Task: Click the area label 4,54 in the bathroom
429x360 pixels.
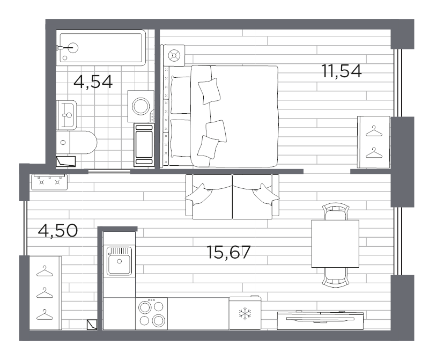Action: [93, 82]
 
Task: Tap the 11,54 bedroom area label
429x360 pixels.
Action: [342, 71]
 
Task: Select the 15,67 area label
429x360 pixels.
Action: [228, 252]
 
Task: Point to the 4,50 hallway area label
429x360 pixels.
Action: [58, 230]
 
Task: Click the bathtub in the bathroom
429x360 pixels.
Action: [101, 48]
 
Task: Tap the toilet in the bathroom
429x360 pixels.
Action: [77, 142]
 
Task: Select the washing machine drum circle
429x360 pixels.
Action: [141, 106]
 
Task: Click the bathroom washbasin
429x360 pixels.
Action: [66, 115]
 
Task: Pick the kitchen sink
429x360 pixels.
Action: [119, 261]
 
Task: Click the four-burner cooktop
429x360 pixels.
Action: [152, 313]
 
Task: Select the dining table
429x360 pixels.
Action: [335, 244]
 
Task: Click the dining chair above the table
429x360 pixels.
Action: [336, 211]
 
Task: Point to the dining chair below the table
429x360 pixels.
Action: [336, 277]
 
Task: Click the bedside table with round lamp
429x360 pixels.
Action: [174, 55]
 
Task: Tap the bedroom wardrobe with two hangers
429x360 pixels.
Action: [373, 142]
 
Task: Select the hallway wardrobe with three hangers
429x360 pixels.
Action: [45, 293]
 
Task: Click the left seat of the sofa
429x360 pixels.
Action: [209, 196]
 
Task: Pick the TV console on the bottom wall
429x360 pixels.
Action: [320, 320]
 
